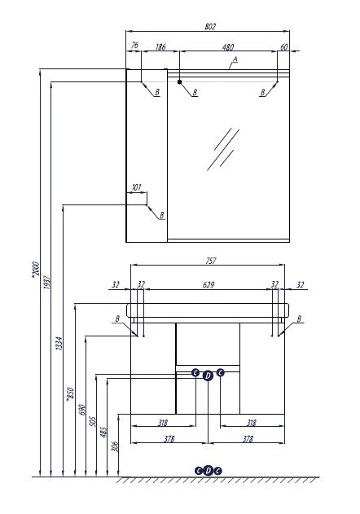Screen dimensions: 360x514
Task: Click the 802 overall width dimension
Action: pyautogui.click(x=210, y=27)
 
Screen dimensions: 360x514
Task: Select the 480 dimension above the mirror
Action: pyautogui.click(x=228, y=47)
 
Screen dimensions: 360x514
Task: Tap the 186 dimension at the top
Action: pyautogui.click(x=160, y=47)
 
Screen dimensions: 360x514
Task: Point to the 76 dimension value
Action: pyautogui.click(x=134, y=46)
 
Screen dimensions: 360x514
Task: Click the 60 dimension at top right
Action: pyautogui.click(x=284, y=47)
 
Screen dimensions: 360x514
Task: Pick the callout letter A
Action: pyautogui.click(x=235, y=59)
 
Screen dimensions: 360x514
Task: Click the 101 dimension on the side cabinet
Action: pyautogui.click(x=136, y=187)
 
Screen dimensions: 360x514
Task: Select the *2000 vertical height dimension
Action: pyautogui.click(x=35, y=270)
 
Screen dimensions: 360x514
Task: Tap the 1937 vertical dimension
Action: pyautogui.click(x=47, y=283)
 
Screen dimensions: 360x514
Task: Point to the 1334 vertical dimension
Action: pyautogui.click(x=59, y=343)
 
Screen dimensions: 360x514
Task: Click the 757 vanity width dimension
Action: pyautogui.click(x=211, y=261)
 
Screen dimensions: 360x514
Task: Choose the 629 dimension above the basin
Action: pyautogui.click(x=209, y=285)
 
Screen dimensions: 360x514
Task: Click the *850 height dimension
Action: pyautogui.click(x=70, y=393)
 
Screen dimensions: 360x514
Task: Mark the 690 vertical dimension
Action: pyautogui.click(x=82, y=410)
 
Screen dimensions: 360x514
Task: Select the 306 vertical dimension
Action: pyautogui.click(x=114, y=446)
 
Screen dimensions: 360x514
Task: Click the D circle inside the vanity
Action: pyautogui.click(x=208, y=376)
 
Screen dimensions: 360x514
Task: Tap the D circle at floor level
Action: pyautogui.click(x=209, y=471)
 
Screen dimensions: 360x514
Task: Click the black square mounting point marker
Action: pyautogui.click(x=179, y=81)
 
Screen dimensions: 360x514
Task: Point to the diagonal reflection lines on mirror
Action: pyautogui.click(x=223, y=149)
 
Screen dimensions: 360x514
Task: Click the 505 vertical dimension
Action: pyautogui.click(x=93, y=422)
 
